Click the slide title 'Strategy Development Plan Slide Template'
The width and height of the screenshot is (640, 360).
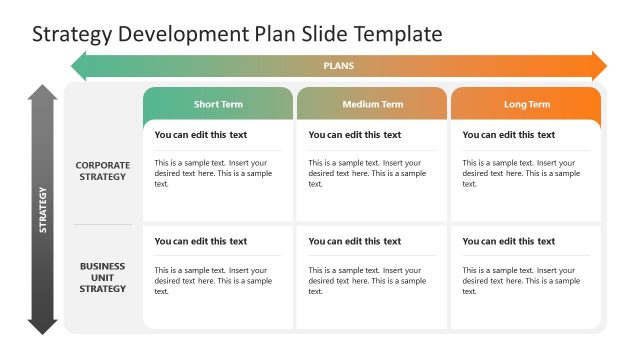tap(237, 34)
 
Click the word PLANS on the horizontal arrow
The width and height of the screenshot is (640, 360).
tap(338, 67)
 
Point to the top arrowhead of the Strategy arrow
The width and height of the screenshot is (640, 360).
tap(42, 93)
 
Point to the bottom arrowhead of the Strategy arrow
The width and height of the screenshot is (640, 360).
tap(42, 324)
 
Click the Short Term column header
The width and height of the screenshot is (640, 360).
tap(218, 104)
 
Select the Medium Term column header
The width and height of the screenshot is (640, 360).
tap(372, 104)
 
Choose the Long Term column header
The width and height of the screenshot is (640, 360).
tap(526, 104)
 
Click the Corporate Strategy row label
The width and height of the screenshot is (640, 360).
tap(102, 171)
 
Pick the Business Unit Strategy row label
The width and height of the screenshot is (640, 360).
tap(102, 277)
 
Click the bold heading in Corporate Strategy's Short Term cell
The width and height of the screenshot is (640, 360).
tap(201, 135)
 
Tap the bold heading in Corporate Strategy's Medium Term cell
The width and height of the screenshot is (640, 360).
tap(355, 135)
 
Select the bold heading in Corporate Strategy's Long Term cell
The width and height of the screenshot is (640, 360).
tap(509, 135)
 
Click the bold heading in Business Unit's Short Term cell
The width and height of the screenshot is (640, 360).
tap(201, 241)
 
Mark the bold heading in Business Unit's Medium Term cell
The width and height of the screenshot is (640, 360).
tap(355, 241)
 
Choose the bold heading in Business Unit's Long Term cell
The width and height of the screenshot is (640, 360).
tap(509, 241)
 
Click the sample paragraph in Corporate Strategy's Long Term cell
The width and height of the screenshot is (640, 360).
tap(521, 173)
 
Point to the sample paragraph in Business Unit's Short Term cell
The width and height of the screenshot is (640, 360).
tap(213, 280)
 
